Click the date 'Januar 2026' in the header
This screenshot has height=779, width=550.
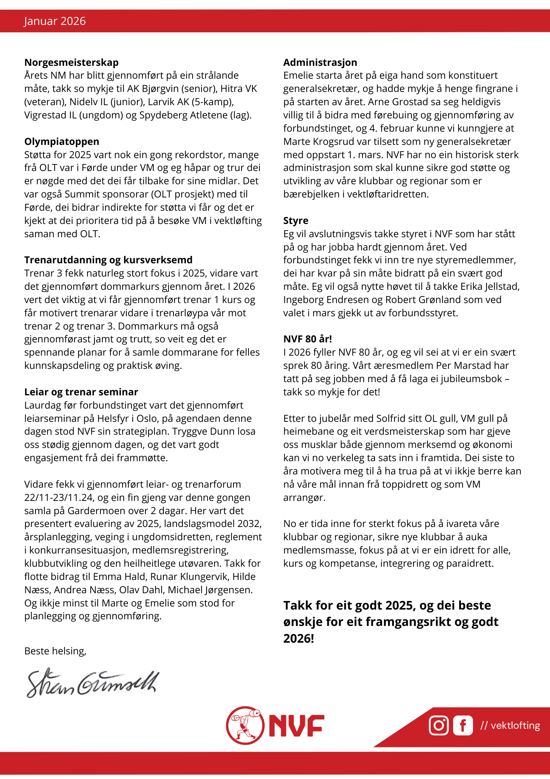(55, 21)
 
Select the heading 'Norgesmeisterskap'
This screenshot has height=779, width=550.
(71, 62)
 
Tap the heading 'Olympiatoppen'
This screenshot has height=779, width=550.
(61, 141)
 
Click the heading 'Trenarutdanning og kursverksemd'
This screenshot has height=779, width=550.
(108, 260)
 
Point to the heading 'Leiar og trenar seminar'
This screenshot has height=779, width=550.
(81, 392)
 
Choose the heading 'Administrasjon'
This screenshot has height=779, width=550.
(320, 62)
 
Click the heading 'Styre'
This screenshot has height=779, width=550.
(296, 220)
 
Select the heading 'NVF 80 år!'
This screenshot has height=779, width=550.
(307, 339)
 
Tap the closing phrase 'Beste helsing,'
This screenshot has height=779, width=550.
(55, 651)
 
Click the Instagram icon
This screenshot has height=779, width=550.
(438, 725)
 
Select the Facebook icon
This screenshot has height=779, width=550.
(463, 725)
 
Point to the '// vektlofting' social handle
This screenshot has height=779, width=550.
(510, 725)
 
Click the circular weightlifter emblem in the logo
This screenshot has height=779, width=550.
(245, 725)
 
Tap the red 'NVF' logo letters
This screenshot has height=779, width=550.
(296, 726)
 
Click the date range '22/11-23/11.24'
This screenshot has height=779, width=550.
(60, 497)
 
